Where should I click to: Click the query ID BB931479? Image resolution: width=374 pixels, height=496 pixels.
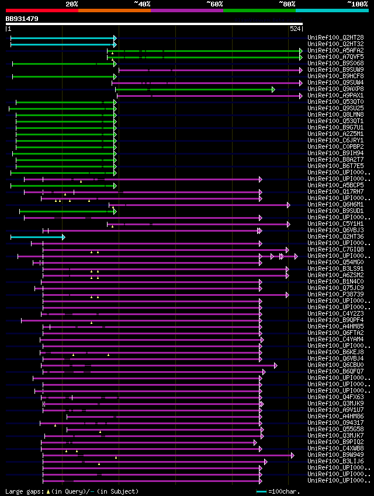pyautogui.click(x=22, y=19)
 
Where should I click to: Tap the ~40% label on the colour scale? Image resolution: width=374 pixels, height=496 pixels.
pyautogui.click(x=142, y=4)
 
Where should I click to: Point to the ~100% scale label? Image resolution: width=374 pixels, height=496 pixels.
pyautogui.click(x=358, y=4)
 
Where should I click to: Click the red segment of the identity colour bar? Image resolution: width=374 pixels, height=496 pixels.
pyautogui.click(x=41, y=10)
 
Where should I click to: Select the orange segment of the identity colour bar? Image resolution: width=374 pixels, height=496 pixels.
pyautogui.click(x=114, y=10)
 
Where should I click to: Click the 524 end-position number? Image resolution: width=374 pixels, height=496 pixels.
pyautogui.click(x=295, y=28)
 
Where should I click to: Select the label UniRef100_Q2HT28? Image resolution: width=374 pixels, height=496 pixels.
pyautogui.click(x=335, y=37)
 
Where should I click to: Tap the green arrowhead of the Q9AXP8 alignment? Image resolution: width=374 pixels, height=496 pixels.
pyautogui.click(x=273, y=89)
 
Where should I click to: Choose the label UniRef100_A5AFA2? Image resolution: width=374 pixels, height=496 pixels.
pyautogui.click(x=335, y=50)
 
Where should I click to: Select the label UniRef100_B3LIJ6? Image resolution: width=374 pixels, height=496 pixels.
pyautogui.click(x=335, y=461)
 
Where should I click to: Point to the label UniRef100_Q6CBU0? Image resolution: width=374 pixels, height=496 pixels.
pyautogui.click(x=335, y=365)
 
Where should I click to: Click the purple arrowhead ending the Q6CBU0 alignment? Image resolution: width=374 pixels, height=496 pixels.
pyautogui.click(x=275, y=365)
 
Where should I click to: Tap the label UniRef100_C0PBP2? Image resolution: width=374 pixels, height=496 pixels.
pyautogui.click(x=335, y=146)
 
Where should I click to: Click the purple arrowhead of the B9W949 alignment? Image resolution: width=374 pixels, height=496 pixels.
pyautogui.click(x=292, y=455)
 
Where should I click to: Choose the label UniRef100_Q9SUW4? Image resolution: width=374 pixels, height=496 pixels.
pyautogui.click(x=335, y=82)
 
